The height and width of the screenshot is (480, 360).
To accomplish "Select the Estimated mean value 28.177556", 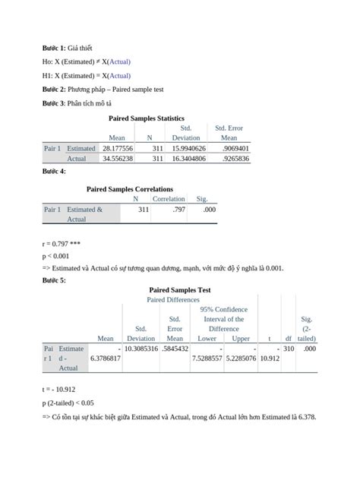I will (x=118, y=149).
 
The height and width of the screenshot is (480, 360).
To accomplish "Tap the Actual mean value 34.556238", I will (x=118, y=159).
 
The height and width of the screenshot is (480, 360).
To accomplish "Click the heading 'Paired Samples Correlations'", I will (x=130, y=189).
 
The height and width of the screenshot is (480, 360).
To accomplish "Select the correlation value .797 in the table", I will (x=178, y=209).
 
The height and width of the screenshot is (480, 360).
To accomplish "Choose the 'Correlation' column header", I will (x=169, y=199).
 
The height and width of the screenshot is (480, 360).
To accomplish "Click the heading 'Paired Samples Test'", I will (x=180, y=290).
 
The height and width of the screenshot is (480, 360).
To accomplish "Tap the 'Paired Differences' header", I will (x=174, y=300).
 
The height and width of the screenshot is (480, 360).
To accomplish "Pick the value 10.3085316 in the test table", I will (x=141, y=348).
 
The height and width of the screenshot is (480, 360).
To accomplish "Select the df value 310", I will (x=289, y=348).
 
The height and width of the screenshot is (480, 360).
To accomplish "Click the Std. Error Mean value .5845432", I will (x=175, y=348).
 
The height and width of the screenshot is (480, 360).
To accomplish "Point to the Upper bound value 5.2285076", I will (x=241, y=358).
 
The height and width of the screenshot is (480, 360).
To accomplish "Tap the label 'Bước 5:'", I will (x=54, y=280).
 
